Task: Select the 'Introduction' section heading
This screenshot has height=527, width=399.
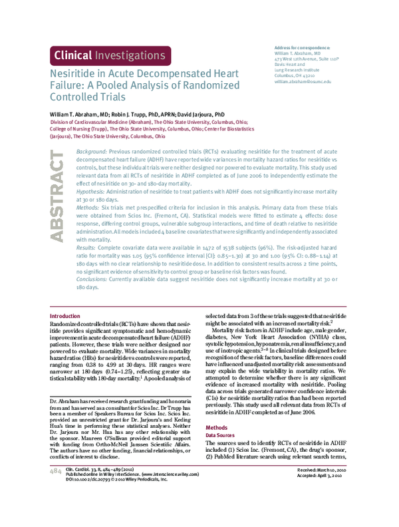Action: click(65, 315)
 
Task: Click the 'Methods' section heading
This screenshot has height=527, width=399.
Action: click(216, 427)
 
